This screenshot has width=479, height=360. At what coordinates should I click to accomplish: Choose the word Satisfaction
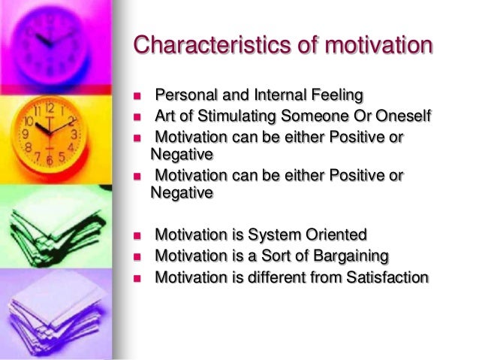[387, 277]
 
